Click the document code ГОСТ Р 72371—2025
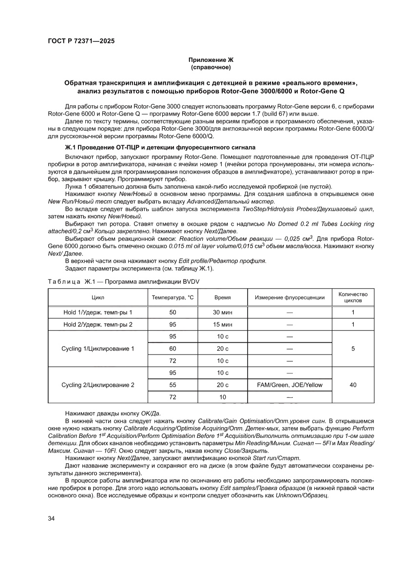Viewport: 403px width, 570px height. pos(81,41)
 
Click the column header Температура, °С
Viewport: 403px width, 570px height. pos(173,297)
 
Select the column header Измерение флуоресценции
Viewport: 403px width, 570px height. pos(289,297)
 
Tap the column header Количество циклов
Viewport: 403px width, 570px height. pos(353,297)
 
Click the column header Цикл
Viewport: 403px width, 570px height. pos(97,297)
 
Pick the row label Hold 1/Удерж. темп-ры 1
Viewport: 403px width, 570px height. pos(97,312)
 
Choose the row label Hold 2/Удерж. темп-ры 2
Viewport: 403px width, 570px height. pos(97,324)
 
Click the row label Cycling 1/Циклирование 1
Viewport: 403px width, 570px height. pos(97,349)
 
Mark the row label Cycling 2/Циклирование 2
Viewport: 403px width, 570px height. pos(97,385)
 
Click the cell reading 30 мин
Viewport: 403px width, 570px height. pos(223,312)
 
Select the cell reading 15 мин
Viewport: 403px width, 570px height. pos(223,324)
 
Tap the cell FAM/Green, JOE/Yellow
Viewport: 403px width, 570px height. pos(289,385)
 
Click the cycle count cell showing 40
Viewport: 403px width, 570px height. pos(353,385)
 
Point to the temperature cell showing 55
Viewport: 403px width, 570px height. pos(173,385)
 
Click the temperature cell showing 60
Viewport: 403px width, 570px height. pos(173,349)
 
